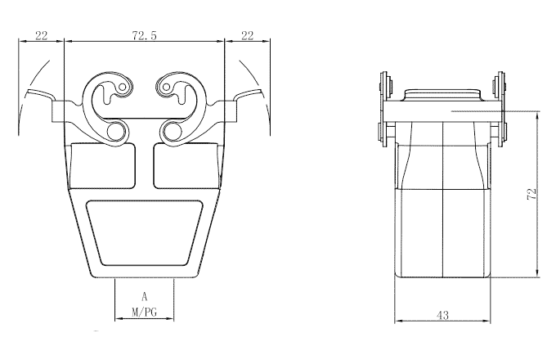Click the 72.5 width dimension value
145,36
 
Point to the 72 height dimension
531,194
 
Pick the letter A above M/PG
144,297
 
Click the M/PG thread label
144,312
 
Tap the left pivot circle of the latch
118,131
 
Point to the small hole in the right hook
167,85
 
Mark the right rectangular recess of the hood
186,164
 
